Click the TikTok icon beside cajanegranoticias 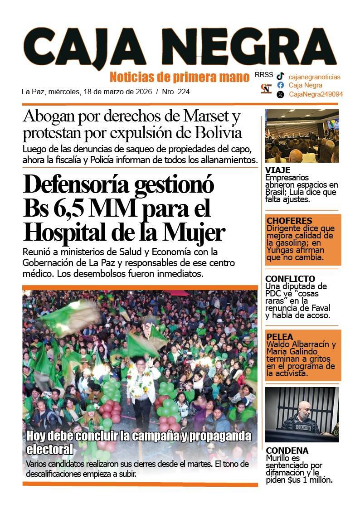(x=281, y=77)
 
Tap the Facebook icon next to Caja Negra (x=281, y=85)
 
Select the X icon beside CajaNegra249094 (x=281, y=94)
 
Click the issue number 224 (x=184, y=92)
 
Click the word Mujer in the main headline (x=196, y=233)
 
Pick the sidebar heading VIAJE (x=277, y=170)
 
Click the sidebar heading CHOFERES (x=289, y=221)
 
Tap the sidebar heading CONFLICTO (x=290, y=279)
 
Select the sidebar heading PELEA (x=280, y=337)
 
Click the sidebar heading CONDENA (x=287, y=451)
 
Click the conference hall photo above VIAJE (x=302, y=136)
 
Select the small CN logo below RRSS (x=266, y=88)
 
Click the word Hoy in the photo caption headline (x=36, y=436)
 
